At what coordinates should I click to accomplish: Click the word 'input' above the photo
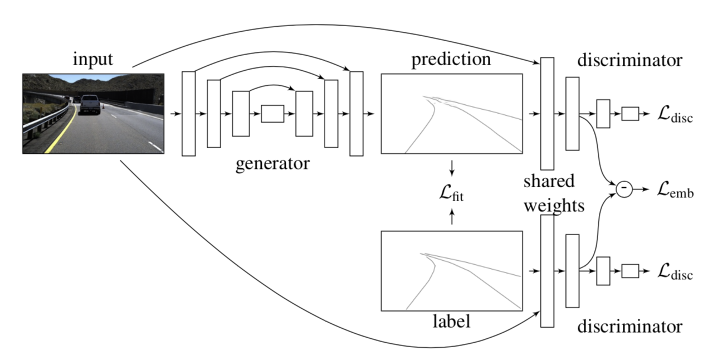(x=92, y=59)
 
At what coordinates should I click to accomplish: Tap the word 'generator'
(x=272, y=164)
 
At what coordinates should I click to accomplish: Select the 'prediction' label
(x=451, y=59)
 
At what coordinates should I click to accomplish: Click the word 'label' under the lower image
(x=451, y=322)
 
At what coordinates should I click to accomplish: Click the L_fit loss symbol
(x=452, y=195)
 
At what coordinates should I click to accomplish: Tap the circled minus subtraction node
(x=624, y=189)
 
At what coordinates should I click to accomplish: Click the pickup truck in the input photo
(x=90, y=104)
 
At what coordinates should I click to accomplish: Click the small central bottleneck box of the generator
(x=272, y=114)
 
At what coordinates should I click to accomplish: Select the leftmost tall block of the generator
(x=189, y=114)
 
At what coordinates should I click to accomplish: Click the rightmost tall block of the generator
(x=356, y=114)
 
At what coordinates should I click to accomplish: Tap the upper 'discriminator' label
(x=629, y=60)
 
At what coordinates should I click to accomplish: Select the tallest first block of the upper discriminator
(x=547, y=114)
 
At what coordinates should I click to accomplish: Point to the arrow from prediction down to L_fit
(x=452, y=167)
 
